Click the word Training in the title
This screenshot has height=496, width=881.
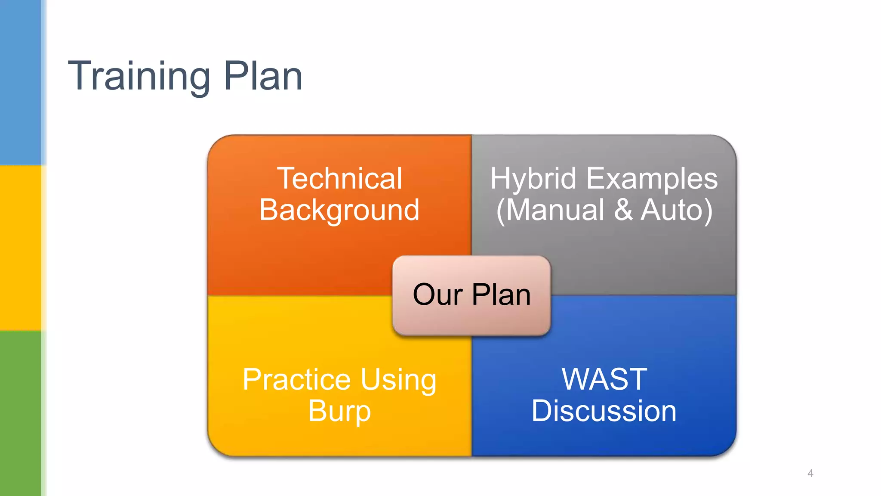point(139,76)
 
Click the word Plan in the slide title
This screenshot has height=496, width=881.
point(263,76)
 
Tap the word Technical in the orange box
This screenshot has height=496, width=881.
point(339,178)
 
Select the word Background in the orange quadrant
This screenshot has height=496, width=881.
point(339,210)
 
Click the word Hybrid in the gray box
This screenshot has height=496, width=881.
point(533,178)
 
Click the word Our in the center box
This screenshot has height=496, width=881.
point(437,295)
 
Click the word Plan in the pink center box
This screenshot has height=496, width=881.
point(501,295)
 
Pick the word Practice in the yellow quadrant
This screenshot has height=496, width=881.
point(297,380)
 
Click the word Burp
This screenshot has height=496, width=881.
point(339,412)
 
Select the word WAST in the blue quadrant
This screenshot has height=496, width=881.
point(604,379)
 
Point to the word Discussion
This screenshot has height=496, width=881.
point(604,411)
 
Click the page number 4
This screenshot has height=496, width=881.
point(810,473)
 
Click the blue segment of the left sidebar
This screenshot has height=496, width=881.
point(20,82)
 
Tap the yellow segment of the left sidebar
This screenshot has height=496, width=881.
point(20,248)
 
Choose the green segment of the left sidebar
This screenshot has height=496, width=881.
point(20,413)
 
